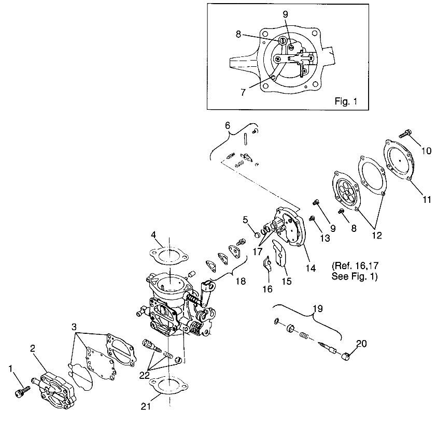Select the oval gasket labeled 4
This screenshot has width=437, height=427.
pos(167,255)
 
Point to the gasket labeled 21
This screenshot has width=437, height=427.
pos(168,385)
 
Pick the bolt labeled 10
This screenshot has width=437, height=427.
pos(406,134)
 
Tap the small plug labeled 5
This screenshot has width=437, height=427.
pos(256,237)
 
